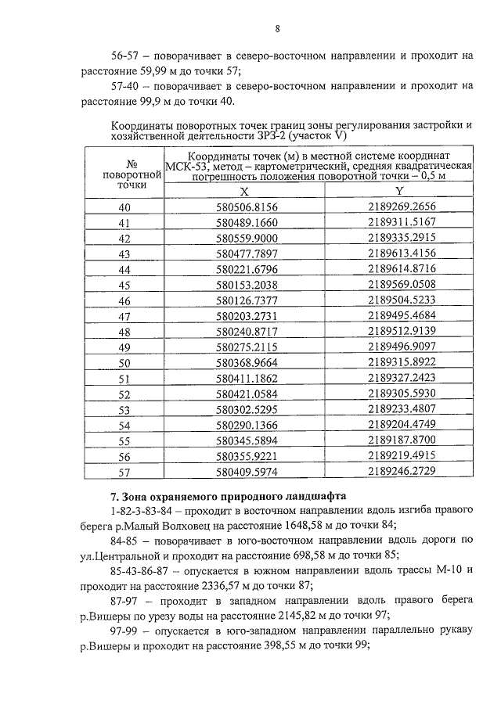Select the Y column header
tap(399, 191)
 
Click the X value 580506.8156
tap(247, 207)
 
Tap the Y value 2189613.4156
tap(401, 253)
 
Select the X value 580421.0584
tap(247, 394)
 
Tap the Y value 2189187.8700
tap(401, 441)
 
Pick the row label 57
tap(124, 473)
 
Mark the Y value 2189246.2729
tap(401, 473)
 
